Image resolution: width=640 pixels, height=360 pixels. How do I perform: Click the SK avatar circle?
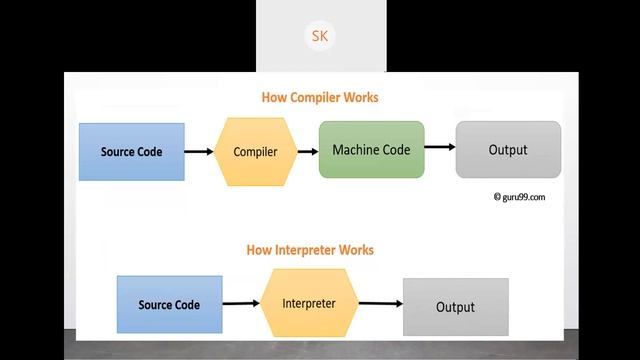tap(319, 37)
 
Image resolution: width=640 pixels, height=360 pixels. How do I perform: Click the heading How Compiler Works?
tap(319, 98)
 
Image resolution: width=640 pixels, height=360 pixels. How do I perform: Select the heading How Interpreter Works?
tap(309, 250)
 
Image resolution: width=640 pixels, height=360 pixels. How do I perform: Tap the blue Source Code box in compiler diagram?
tap(131, 152)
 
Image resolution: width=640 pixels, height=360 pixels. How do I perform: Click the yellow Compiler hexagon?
tap(254, 152)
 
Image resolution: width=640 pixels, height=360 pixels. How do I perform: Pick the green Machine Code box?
tap(371, 149)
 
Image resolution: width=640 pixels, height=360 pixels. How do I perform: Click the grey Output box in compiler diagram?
tap(508, 150)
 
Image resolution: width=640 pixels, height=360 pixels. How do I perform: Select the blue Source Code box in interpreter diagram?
tap(169, 305)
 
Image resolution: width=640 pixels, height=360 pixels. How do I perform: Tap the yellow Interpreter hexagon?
tap(308, 303)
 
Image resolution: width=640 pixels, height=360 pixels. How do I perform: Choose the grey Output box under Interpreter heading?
tap(455, 307)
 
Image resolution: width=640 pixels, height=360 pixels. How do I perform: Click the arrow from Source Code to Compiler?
tap(199, 152)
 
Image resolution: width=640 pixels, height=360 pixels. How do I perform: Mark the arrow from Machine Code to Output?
tap(439, 148)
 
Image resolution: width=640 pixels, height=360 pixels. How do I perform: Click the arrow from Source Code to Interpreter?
tap(240, 304)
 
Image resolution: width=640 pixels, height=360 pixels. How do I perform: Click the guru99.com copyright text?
tap(519, 197)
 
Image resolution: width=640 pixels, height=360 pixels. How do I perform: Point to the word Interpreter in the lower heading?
tap(306, 250)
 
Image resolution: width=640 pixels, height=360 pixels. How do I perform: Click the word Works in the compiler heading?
tap(361, 98)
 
